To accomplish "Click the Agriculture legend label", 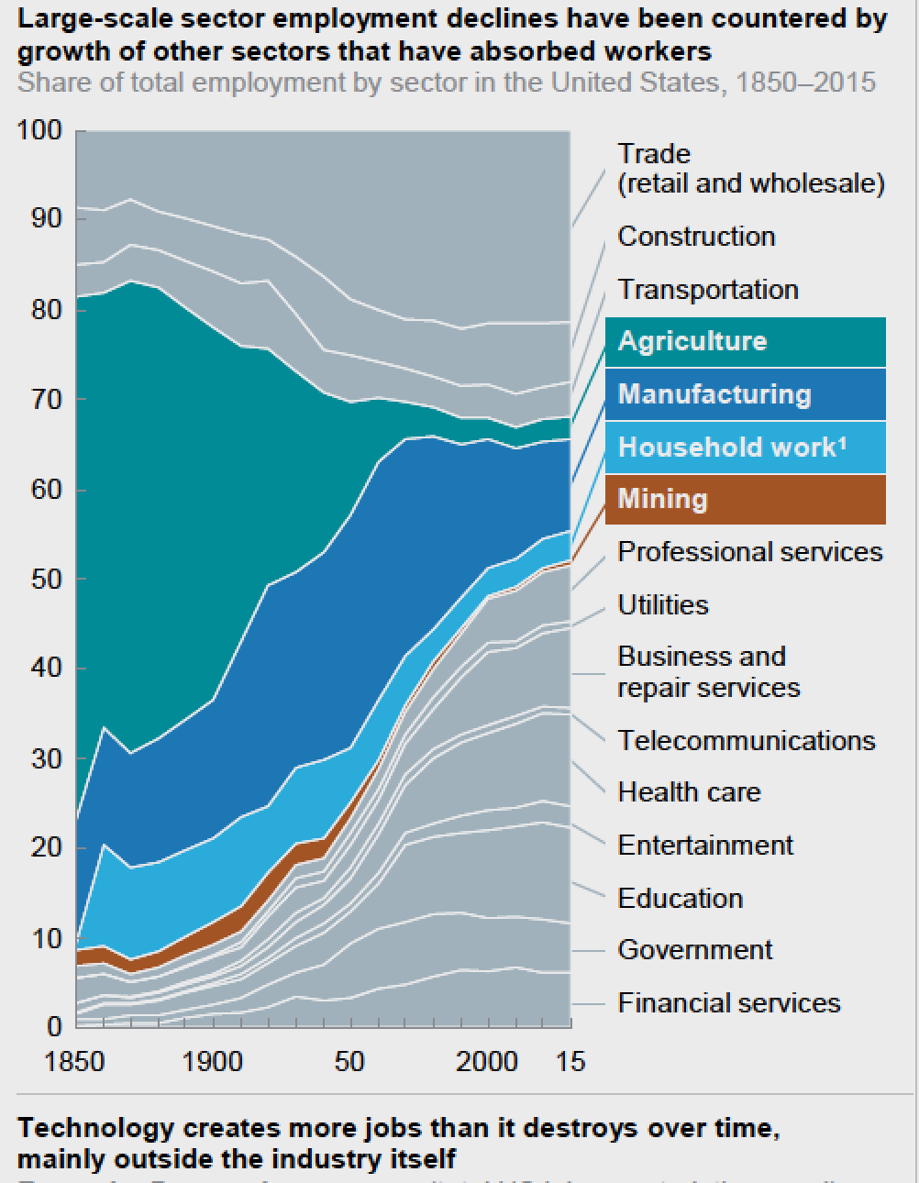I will tap(692, 341).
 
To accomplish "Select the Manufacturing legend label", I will tap(714, 394).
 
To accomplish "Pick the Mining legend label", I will tap(662, 499).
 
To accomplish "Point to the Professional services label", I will tap(749, 552).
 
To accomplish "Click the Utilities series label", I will tap(662, 605).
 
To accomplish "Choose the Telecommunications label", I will tap(746, 740).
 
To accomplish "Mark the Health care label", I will tap(689, 792).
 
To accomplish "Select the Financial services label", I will tap(728, 1002).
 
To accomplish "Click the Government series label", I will tap(694, 950).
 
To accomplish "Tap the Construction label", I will tap(696, 237).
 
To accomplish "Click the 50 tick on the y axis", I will tap(46, 579).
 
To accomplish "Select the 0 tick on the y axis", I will tap(54, 1026).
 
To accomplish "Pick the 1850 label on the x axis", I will tap(74, 1062).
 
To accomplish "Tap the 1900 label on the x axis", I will tap(213, 1062).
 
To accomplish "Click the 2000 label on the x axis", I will tap(486, 1062).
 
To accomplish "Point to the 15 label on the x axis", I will tap(570, 1062).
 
